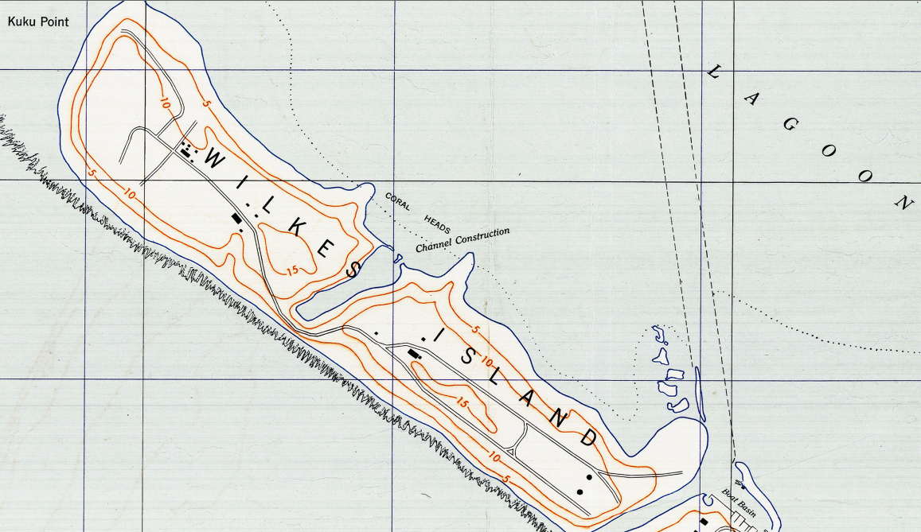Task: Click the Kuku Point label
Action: click(38, 21)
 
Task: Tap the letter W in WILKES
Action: click(216, 161)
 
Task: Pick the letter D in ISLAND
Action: click(589, 437)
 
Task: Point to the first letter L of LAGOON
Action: click(713, 72)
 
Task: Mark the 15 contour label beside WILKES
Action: click(293, 270)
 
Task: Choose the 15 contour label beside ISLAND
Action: click(462, 403)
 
